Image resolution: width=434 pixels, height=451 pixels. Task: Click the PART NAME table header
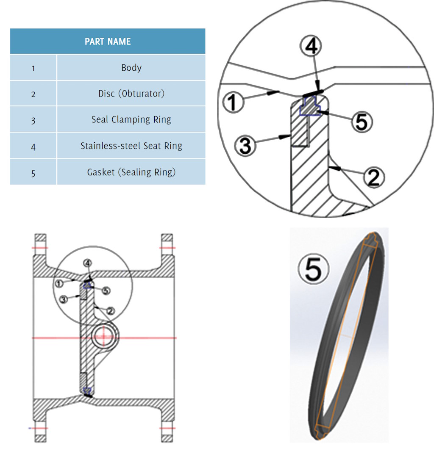point(108,42)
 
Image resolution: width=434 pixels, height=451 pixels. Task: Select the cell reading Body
point(131,68)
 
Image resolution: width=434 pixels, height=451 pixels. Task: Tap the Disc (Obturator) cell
point(131,94)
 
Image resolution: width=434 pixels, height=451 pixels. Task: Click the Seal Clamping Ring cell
point(131,120)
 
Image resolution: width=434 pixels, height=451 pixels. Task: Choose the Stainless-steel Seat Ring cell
point(131,146)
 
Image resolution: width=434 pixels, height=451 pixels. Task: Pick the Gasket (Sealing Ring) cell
point(131,172)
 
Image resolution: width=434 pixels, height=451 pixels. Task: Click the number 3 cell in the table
point(33,120)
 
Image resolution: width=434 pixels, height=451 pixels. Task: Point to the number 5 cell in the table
point(33,173)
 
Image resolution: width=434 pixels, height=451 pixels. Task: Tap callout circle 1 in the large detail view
point(234,103)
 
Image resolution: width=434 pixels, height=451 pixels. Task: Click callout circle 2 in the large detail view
point(373,177)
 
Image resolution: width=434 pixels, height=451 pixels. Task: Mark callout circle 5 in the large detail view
point(361,122)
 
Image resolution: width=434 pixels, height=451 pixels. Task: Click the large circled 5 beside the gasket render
point(314,269)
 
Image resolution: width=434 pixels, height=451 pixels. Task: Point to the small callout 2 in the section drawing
point(110,311)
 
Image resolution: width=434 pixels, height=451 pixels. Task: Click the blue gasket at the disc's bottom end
point(87,390)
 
